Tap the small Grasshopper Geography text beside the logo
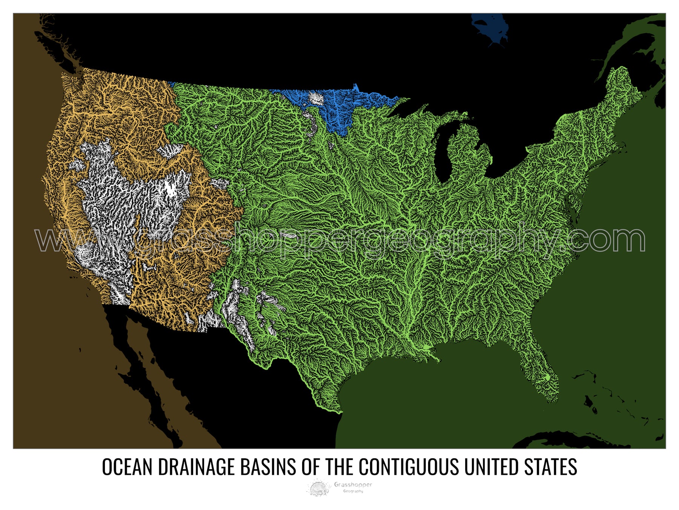pos(353,487)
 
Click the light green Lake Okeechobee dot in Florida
pos(548,377)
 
